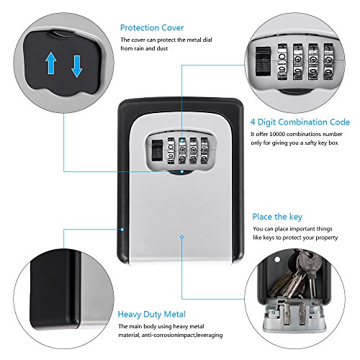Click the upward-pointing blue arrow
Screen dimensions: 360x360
(x=51, y=63)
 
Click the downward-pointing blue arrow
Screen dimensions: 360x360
(x=77, y=66)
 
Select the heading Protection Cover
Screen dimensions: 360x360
(x=152, y=27)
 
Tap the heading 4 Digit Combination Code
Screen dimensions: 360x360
(x=300, y=122)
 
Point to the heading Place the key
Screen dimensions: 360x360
(x=277, y=217)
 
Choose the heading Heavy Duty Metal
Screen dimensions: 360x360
(x=152, y=315)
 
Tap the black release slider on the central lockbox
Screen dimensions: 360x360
(x=156, y=150)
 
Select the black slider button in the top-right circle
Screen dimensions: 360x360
(x=263, y=61)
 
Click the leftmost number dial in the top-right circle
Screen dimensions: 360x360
(x=282, y=62)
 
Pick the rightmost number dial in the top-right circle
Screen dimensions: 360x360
(x=328, y=62)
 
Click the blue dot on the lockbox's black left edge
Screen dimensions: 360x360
(x=122, y=229)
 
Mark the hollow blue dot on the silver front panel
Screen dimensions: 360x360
(x=182, y=237)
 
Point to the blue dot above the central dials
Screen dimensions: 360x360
(x=182, y=140)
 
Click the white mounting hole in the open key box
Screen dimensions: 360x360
(x=277, y=259)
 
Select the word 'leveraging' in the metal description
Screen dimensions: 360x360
(x=210, y=335)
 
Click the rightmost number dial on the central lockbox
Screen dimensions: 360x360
(x=204, y=151)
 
